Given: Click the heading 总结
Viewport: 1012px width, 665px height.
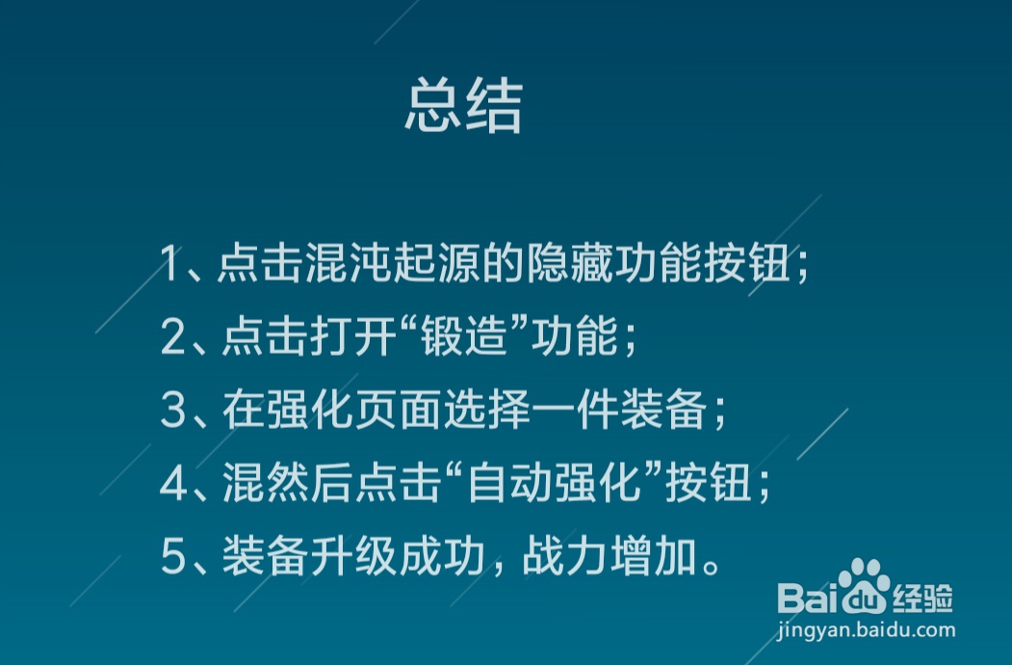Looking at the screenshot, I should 463,106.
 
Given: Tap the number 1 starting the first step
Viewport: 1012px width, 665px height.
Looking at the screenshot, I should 170,264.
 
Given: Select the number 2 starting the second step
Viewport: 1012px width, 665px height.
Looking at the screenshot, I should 172,338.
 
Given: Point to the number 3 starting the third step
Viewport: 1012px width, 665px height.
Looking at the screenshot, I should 172,412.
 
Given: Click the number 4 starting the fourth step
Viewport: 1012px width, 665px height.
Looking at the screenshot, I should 172,485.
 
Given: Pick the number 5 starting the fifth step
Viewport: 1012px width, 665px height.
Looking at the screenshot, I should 172,559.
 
